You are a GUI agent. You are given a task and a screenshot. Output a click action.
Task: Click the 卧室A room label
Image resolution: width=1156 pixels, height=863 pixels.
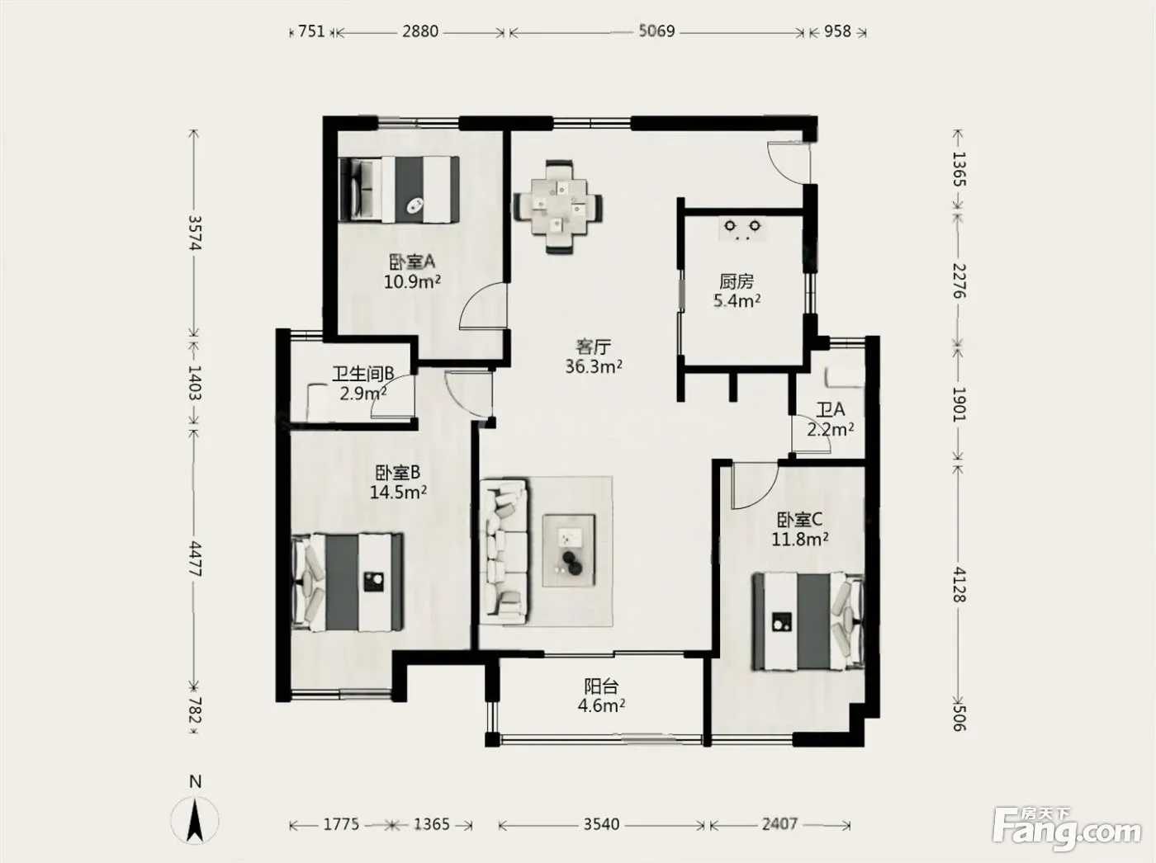coord(412,262)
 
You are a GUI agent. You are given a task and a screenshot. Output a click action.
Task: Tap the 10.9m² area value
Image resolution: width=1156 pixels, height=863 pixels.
coord(412,281)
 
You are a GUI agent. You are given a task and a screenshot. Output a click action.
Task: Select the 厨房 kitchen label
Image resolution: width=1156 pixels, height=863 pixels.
coord(737,281)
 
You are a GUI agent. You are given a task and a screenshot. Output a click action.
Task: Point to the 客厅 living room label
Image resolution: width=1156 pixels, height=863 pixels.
coord(594,347)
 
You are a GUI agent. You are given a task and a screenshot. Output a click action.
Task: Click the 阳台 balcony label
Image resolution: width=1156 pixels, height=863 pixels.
coord(601,686)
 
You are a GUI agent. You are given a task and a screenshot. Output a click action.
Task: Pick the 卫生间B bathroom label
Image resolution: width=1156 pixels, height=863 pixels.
coord(362,374)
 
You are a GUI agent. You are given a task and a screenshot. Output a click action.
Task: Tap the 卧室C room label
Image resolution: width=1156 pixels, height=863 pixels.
coord(799,520)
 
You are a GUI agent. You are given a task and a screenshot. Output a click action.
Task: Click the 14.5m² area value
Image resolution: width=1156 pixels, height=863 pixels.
coord(398,492)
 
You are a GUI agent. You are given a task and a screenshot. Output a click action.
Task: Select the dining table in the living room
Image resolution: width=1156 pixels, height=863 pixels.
coord(558,207)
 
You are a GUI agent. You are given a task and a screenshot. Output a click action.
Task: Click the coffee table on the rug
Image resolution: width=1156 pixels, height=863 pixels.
coord(569,550)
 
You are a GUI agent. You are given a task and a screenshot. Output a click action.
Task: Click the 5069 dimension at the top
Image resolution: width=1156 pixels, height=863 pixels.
coord(656,31)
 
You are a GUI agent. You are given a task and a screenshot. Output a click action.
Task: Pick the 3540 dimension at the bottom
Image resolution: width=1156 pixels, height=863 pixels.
coord(601,824)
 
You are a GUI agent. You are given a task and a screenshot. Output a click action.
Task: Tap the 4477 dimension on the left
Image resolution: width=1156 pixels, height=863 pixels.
coord(195,559)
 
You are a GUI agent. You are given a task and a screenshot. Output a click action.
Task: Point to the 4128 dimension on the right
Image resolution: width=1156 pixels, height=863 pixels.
coord(959,585)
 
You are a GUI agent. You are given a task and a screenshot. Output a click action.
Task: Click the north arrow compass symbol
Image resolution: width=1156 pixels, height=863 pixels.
coord(195,819)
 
